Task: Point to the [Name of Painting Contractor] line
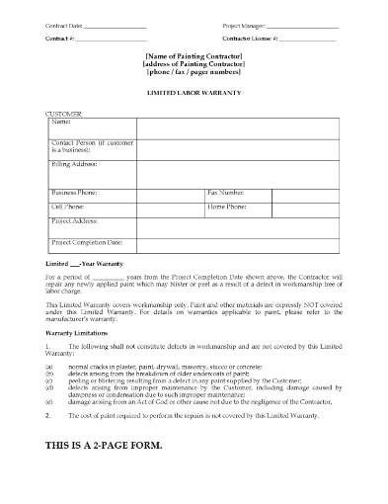(x=194, y=58)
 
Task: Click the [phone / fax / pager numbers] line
(x=194, y=76)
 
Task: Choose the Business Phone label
(x=75, y=191)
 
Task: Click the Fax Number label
(x=231, y=191)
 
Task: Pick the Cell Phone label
(x=66, y=207)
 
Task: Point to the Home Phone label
(x=230, y=207)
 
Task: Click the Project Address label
(x=74, y=222)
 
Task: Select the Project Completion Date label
(x=87, y=241)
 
